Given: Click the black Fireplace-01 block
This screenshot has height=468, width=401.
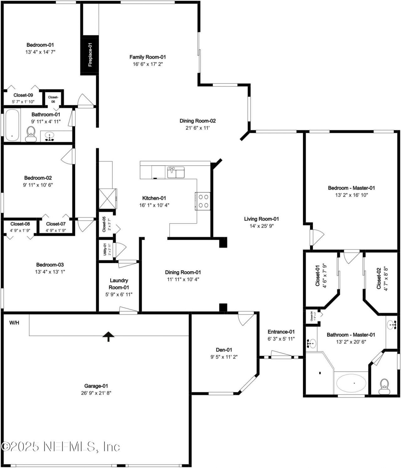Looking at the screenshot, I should [x=90, y=55].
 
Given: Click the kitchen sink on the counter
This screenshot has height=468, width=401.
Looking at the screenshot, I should [x=175, y=172].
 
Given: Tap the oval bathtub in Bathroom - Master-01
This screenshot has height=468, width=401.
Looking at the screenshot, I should [x=351, y=383].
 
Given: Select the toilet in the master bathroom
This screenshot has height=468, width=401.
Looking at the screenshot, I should [x=384, y=386].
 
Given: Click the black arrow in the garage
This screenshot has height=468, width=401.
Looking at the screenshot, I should [x=108, y=336].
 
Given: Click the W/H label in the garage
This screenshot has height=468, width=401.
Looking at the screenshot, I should [x=14, y=323].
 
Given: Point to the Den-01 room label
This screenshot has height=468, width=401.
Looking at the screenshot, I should [x=224, y=350].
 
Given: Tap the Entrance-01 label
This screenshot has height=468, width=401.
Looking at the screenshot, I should [x=281, y=332].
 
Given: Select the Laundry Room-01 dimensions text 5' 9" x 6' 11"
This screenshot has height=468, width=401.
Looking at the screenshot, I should [x=119, y=294].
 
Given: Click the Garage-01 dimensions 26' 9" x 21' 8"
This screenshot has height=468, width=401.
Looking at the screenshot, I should [x=96, y=393].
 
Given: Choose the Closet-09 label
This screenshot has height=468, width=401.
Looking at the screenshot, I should [x=23, y=95].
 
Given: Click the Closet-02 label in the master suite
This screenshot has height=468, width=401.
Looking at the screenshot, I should [x=379, y=278].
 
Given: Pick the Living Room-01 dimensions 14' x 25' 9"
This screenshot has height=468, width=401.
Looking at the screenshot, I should [x=262, y=226].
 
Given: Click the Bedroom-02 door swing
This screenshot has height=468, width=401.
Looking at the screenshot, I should [x=68, y=156].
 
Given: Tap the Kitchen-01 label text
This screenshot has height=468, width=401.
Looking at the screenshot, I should [x=154, y=198].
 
